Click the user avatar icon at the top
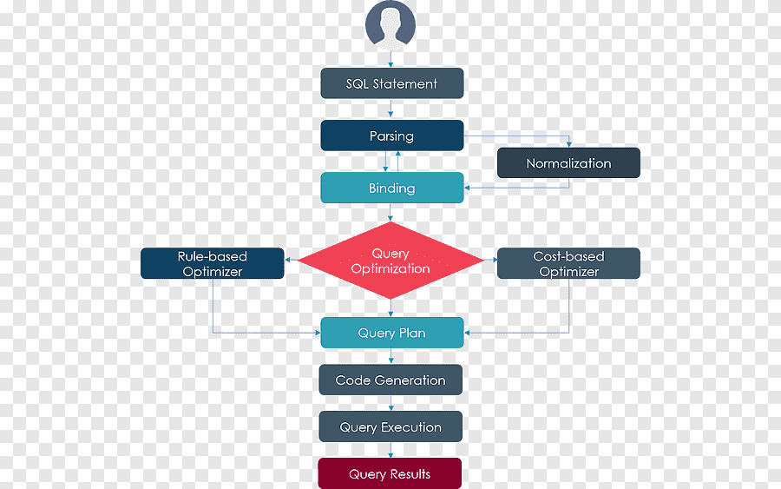coord(390,25)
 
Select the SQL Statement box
coord(392,83)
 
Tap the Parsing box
coord(392,135)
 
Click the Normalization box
coord(568,163)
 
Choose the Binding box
coord(392,188)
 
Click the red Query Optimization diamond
coord(390,261)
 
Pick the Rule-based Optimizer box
coord(213,263)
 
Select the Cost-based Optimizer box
coord(568,263)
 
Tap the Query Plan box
coord(392,333)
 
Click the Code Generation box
coord(390,380)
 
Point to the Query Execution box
coord(390,426)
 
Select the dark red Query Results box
coord(390,473)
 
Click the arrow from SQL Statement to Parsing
coord(390,109)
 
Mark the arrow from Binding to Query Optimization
coord(390,212)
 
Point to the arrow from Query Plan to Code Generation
coord(390,356)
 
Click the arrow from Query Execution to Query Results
coord(390,450)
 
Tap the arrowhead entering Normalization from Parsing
coord(568,144)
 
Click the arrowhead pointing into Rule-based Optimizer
coord(288,260)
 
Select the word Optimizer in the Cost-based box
coord(568,272)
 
